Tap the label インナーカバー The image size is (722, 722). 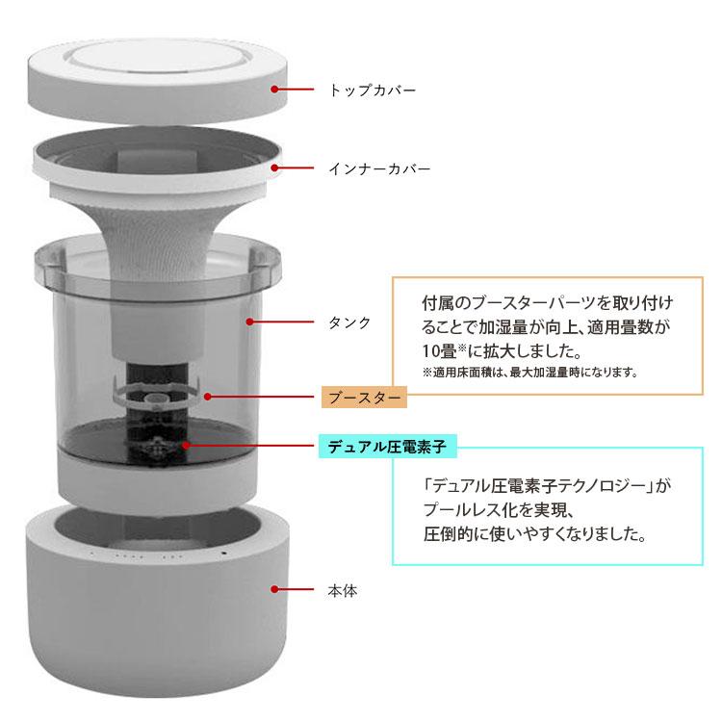point(379,168)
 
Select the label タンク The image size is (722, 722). point(349,322)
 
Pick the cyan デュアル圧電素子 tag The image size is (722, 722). point(388,446)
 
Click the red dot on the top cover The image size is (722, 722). point(275,90)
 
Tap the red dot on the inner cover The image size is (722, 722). point(275,168)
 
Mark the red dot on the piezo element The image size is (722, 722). point(186,446)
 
